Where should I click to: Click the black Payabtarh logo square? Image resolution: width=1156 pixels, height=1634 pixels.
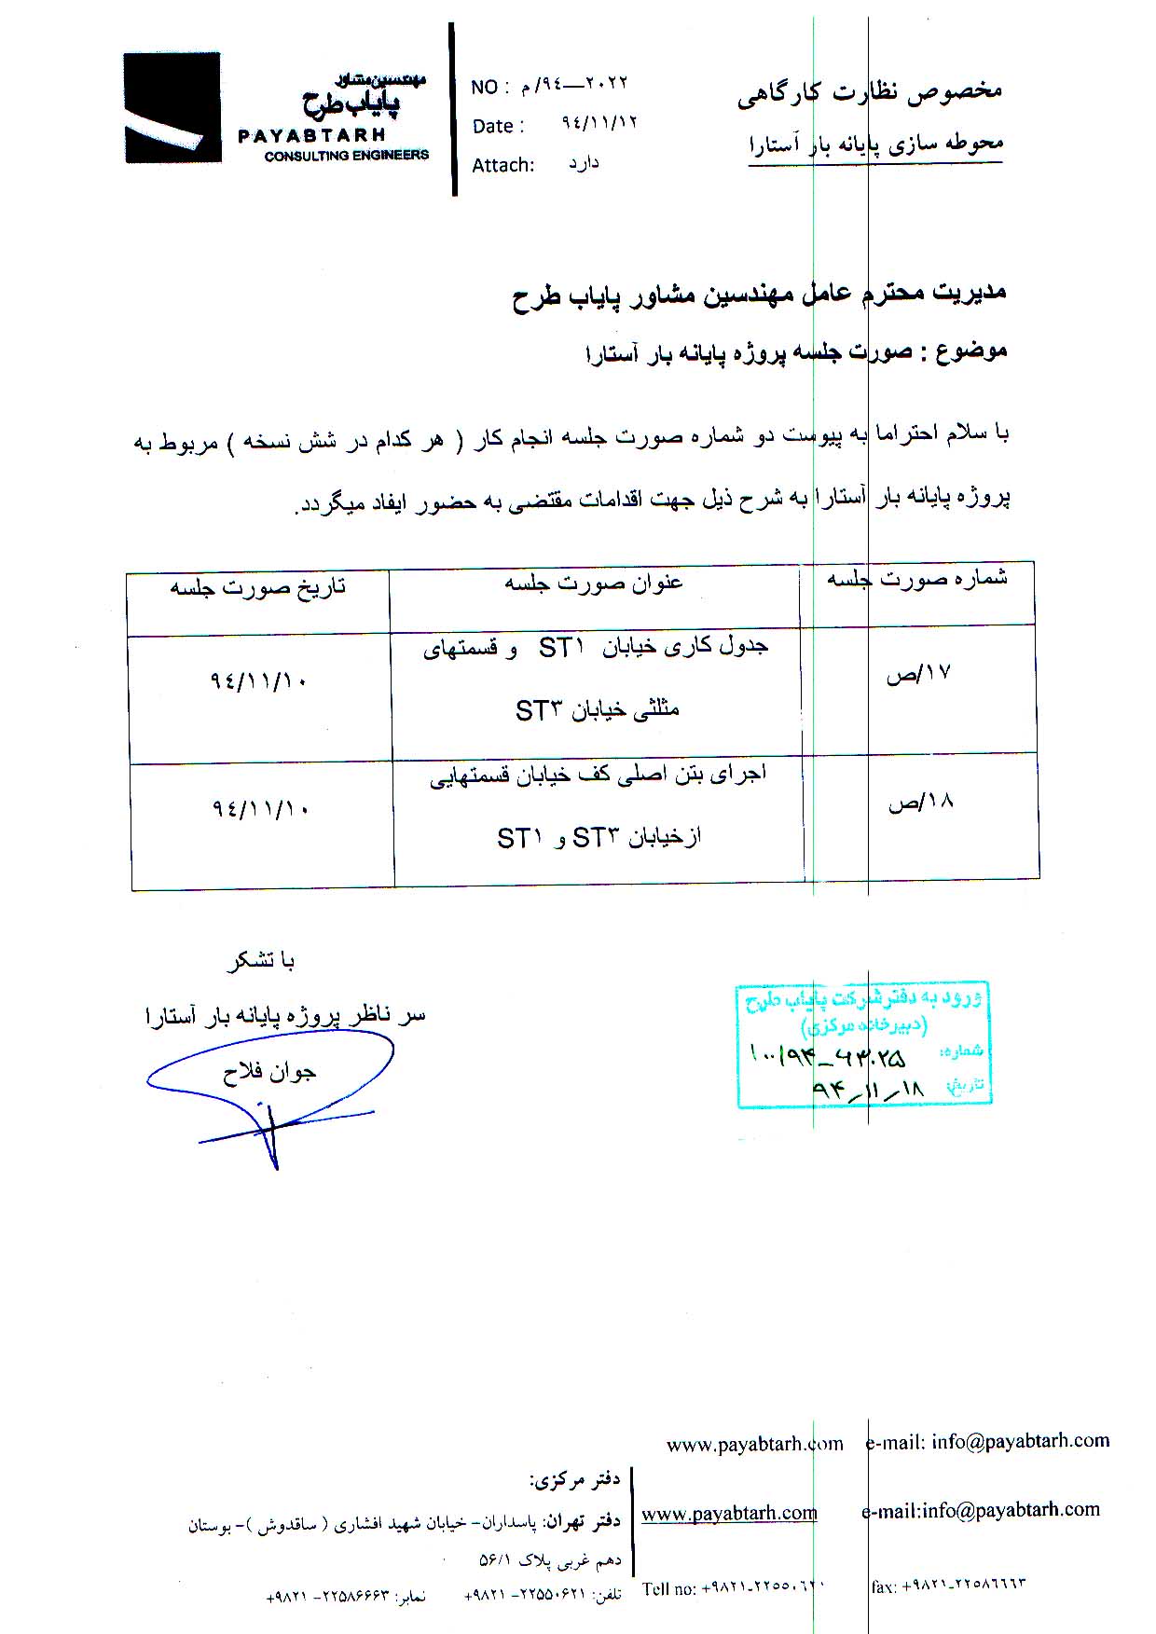coord(172,107)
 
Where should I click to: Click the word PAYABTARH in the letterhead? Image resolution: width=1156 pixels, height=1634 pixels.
coord(311,136)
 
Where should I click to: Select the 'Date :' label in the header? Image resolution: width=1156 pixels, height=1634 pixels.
coord(498,127)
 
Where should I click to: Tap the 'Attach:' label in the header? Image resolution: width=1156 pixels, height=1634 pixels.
coord(502,166)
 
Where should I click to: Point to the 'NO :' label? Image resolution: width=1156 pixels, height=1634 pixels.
coord(490,88)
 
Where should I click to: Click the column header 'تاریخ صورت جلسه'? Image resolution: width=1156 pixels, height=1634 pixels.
coord(258,587)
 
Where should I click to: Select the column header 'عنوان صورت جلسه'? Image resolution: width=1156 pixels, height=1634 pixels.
coord(594,584)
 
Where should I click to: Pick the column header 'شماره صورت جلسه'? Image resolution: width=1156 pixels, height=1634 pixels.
coord(917,580)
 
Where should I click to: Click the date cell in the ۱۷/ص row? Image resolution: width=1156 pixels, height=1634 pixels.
coord(259,681)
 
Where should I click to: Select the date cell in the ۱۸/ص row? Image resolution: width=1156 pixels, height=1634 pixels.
coord(259,808)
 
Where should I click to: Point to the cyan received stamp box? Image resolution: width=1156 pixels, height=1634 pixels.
coord(863,1044)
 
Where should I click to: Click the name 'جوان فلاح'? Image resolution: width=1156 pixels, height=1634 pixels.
coord(269,1073)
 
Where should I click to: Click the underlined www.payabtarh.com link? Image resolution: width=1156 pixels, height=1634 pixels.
coord(729,1513)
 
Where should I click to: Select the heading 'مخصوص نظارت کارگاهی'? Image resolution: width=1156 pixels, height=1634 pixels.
coord(869,92)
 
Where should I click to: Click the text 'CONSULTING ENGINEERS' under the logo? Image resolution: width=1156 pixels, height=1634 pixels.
coord(346,156)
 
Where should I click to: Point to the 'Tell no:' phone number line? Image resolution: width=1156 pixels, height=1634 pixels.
coord(733,1588)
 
